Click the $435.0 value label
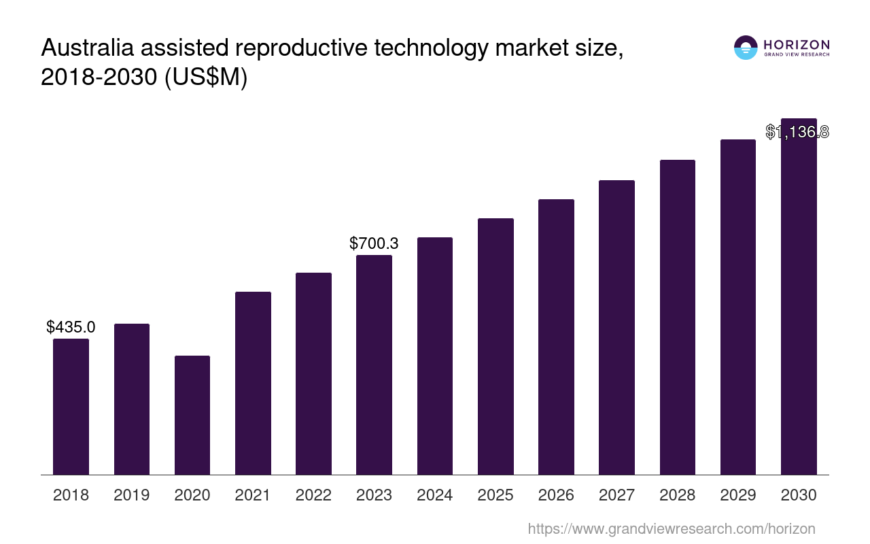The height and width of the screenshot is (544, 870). coord(71,327)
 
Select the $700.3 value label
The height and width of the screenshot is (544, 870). coord(374,243)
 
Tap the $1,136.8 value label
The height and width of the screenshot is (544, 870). coord(797,132)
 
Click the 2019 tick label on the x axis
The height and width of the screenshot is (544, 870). coord(132,495)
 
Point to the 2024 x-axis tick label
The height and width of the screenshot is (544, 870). coord(435,495)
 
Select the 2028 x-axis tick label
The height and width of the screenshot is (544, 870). coord(678,495)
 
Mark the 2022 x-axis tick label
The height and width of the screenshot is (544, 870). coord(313,495)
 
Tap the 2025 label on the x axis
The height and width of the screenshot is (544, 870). coord(495,495)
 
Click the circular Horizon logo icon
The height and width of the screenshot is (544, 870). coord(746,48)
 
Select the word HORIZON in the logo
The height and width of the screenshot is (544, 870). coord(797,45)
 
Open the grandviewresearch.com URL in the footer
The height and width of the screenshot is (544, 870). coord(671,529)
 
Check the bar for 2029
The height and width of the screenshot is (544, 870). coord(738,307)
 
